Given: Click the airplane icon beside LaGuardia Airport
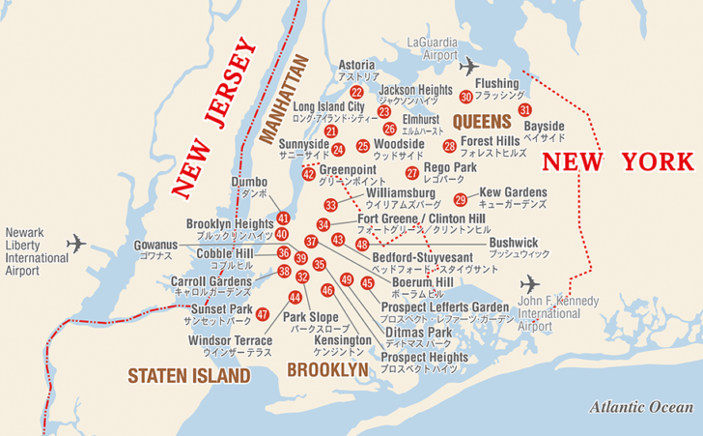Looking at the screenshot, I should (x=468, y=67).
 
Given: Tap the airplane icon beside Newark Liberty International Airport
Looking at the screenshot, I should (x=75, y=242).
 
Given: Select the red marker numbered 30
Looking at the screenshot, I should (x=466, y=97).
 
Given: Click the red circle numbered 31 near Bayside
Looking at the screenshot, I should (x=525, y=110).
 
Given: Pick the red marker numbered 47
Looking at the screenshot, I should (x=263, y=313).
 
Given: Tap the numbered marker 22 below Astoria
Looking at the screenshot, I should (x=357, y=92).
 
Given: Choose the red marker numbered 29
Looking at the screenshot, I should (x=461, y=199).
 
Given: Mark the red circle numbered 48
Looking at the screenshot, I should (x=362, y=245).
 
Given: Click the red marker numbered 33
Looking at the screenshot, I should (x=331, y=205).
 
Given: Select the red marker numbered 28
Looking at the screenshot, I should (x=450, y=146).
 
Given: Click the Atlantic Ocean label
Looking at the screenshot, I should (x=641, y=408).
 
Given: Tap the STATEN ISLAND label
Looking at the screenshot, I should (x=189, y=375).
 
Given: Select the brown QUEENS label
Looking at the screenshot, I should (x=481, y=122).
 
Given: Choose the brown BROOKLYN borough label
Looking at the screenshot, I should (x=327, y=369).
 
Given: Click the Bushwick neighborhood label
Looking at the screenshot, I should (x=514, y=243).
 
